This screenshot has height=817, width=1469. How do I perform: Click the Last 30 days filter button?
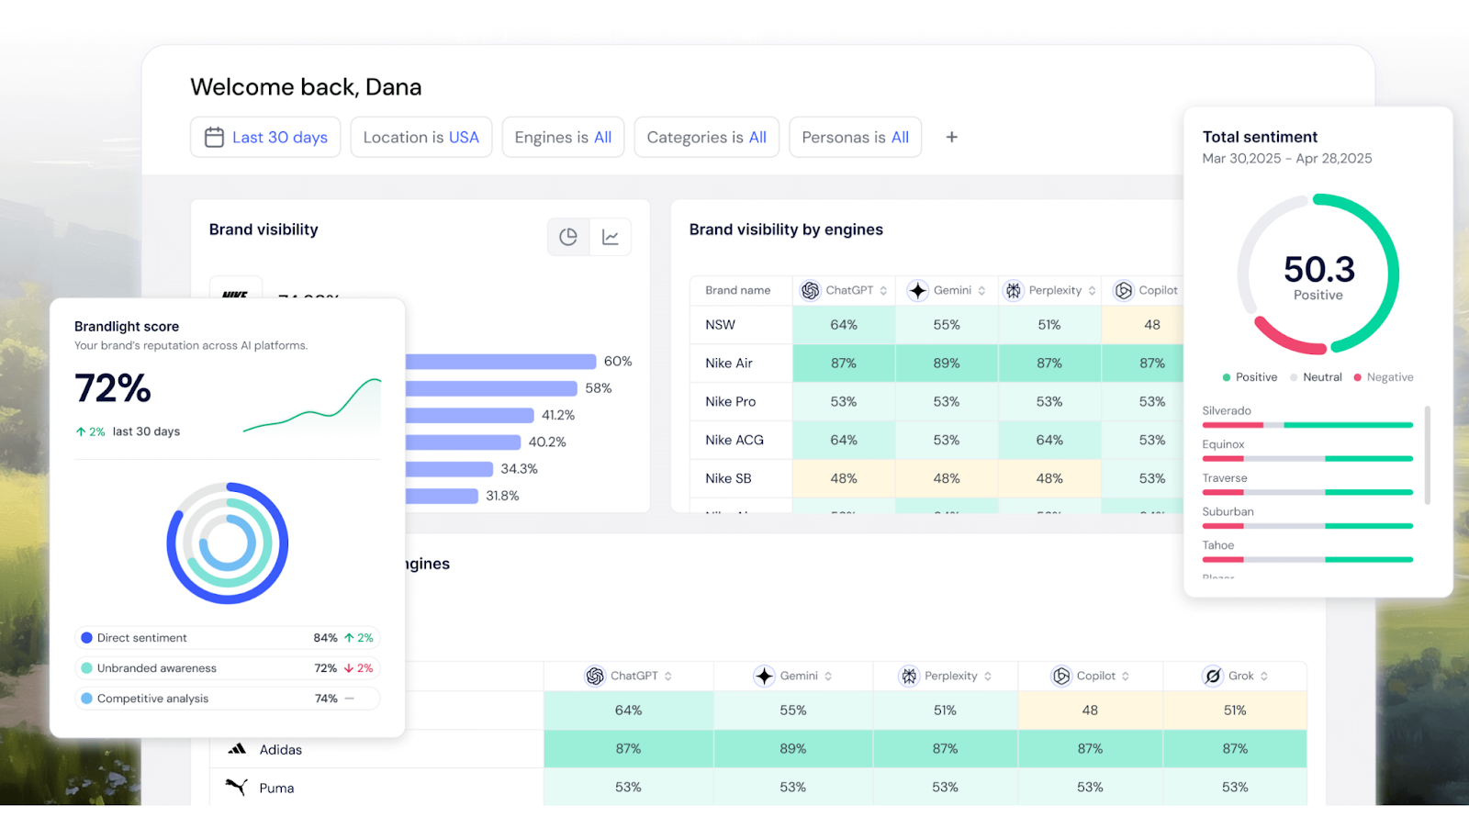point(265,137)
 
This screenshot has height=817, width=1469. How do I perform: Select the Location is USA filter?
point(421,137)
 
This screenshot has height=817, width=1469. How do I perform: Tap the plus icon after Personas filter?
point(951,137)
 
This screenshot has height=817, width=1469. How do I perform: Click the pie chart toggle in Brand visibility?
point(568,237)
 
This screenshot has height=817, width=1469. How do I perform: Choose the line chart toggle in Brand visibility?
point(611,237)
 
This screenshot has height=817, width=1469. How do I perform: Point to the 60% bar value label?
point(617,362)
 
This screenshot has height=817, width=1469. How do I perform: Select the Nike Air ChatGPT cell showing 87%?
point(843,364)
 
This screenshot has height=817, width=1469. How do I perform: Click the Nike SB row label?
point(728,478)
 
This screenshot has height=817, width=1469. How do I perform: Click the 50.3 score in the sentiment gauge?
point(1318,270)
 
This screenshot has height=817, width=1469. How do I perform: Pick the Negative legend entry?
point(1388,377)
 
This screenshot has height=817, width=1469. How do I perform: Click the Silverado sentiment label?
point(1227,410)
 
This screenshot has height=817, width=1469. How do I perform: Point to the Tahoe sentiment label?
point(1218,545)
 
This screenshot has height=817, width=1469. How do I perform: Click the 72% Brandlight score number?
point(113,388)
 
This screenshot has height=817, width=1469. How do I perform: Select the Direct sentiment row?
point(141,638)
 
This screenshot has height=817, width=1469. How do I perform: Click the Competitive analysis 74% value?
point(326,699)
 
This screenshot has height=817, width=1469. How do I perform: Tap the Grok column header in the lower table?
point(1239,676)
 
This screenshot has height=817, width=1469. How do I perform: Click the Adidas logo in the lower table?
point(238,749)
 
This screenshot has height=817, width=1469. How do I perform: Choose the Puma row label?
point(276,788)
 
